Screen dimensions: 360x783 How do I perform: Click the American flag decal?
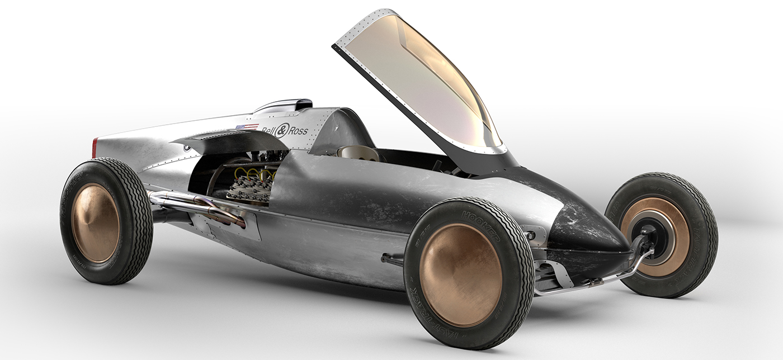pos(247,127)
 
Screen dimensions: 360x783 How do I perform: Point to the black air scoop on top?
pos(303,104)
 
